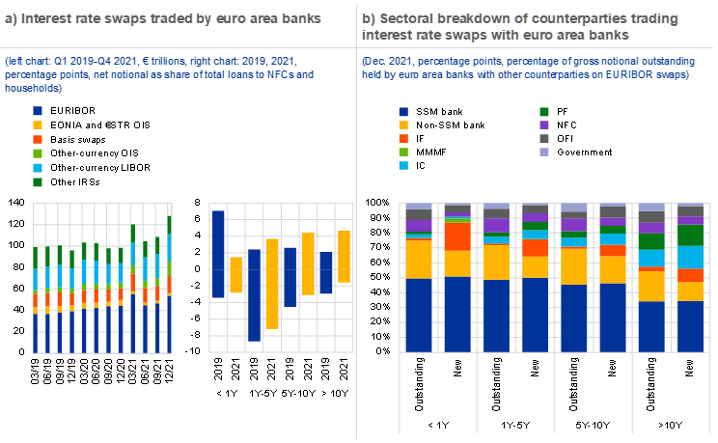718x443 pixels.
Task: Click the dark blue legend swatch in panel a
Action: click(38, 112)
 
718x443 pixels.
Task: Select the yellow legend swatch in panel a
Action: click(38, 125)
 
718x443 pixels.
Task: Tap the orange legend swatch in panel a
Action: click(38, 139)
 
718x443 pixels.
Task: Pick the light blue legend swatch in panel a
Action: click(38, 167)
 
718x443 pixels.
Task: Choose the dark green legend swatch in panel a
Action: click(38, 181)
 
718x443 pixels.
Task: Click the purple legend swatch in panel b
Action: click(544, 125)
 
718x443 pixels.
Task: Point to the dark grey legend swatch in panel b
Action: click(544, 139)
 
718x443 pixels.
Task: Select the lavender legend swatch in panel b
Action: click(544, 152)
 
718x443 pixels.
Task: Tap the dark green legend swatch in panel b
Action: click(544, 112)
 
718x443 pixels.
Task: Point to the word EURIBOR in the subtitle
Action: click(618, 75)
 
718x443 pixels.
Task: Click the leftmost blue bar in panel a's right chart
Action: click(218, 254)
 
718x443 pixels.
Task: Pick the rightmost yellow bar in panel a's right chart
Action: click(345, 256)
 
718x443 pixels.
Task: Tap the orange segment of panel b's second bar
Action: click(457, 236)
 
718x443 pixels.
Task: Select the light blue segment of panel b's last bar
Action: click(690, 257)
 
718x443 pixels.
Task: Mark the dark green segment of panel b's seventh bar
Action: click(651, 241)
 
